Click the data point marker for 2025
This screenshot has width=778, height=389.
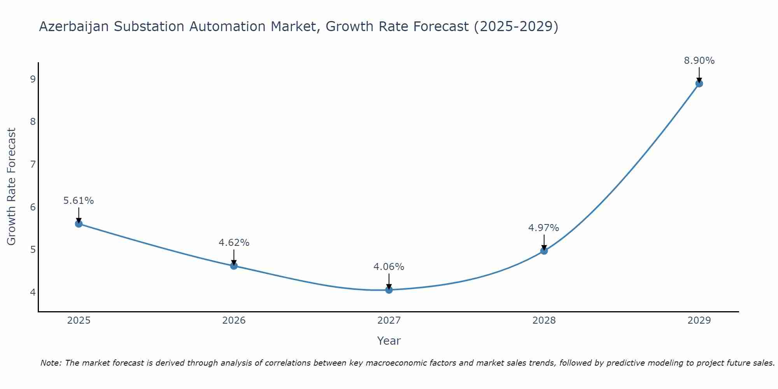79,224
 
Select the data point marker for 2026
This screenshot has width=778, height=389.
234,266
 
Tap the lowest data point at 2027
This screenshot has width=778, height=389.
389,289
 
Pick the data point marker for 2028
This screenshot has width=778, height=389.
544,251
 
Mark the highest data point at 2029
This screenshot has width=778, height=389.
699,83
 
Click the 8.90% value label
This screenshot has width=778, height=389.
699,61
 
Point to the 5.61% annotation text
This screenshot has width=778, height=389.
79,201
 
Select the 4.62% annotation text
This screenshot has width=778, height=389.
234,243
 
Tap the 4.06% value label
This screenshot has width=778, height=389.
389,267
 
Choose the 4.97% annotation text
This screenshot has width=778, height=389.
544,228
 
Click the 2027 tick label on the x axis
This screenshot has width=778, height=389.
389,321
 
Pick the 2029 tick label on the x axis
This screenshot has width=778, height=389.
699,321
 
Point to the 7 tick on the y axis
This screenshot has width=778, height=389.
33,164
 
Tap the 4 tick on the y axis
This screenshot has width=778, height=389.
33,292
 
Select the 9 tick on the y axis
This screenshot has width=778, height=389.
33,79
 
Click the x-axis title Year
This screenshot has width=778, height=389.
389,341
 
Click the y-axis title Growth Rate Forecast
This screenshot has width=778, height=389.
12,187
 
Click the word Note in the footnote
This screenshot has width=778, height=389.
51,363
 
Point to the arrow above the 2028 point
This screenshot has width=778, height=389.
544,242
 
